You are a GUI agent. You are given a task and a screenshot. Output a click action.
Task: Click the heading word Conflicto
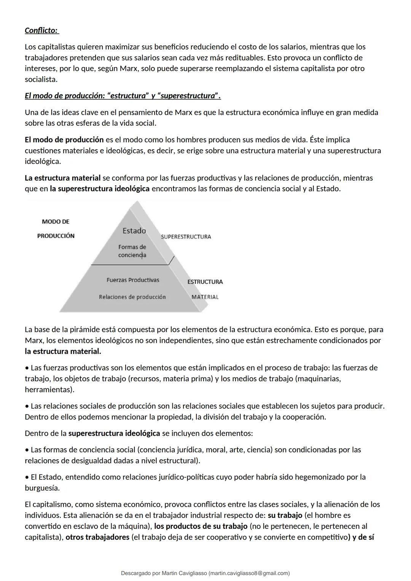[x=41, y=30]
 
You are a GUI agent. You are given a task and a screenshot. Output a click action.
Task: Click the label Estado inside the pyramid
[x=134, y=231]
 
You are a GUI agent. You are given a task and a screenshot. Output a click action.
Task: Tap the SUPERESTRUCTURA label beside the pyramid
[x=186, y=237]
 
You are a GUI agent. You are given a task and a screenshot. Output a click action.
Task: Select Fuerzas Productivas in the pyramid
[x=133, y=280]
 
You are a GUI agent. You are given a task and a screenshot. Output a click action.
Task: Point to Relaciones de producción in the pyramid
[x=132, y=297]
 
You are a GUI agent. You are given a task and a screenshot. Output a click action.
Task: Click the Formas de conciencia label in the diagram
[x=132, y=251]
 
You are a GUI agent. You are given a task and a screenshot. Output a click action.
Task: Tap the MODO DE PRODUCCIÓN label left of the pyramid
[x=56, y=229]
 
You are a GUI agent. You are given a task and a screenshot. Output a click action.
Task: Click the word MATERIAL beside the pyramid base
[x=205, y=297]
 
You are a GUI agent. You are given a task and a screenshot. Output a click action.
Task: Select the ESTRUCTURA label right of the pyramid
[x=205, y=282]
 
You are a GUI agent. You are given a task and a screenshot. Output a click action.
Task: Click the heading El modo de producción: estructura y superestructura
[x=123, y=96]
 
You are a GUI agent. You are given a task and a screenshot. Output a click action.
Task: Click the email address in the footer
[x=249, y=573]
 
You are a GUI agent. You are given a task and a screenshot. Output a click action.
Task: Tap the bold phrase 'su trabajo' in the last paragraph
[x=285, y=516]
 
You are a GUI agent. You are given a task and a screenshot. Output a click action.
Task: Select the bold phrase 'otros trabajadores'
[x=97, y=538]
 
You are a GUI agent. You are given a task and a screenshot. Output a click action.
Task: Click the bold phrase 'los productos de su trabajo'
[x=201, y=527]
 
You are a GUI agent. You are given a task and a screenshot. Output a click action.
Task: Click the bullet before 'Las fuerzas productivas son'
[x=27, y=368]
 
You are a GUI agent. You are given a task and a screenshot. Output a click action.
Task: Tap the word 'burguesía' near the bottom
[x=42, y=488]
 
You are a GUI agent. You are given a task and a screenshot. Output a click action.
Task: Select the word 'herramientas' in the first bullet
[x=48, y=390]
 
